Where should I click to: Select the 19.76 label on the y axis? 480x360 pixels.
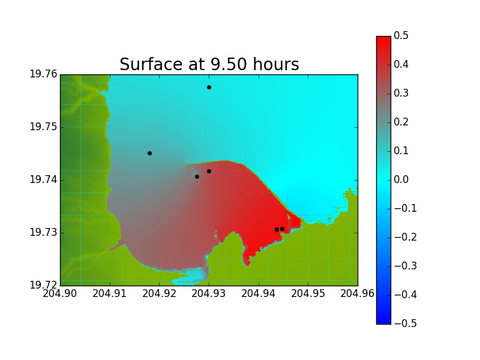tap(43, 74)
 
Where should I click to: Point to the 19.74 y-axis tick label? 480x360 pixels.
tap(43, 179)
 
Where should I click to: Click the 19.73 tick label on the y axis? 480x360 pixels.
tap(43, 232)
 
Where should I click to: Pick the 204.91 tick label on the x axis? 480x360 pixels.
tap(109, 293)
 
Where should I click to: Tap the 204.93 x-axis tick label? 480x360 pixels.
tap(208, 293)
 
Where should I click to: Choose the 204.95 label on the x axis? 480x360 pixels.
tap(308, 293)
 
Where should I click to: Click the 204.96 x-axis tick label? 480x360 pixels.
tap(357, 293)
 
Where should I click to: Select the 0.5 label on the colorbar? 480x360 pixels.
tap(401, 36)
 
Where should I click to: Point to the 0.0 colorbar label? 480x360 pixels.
tap(401, 179)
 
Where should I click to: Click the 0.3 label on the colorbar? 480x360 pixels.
tap(401, 94)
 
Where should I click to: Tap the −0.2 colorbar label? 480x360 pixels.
tap(406, 237)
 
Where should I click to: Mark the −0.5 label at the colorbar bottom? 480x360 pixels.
tap(406, 323)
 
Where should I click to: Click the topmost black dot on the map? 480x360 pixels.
tap(209, 88)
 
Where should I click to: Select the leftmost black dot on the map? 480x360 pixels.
tap(149, 154)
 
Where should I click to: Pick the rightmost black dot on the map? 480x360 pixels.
tap(282, 229)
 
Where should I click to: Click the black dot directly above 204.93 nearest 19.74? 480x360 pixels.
tap(209, 172)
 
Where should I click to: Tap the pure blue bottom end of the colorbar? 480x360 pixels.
tap(383, 322)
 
